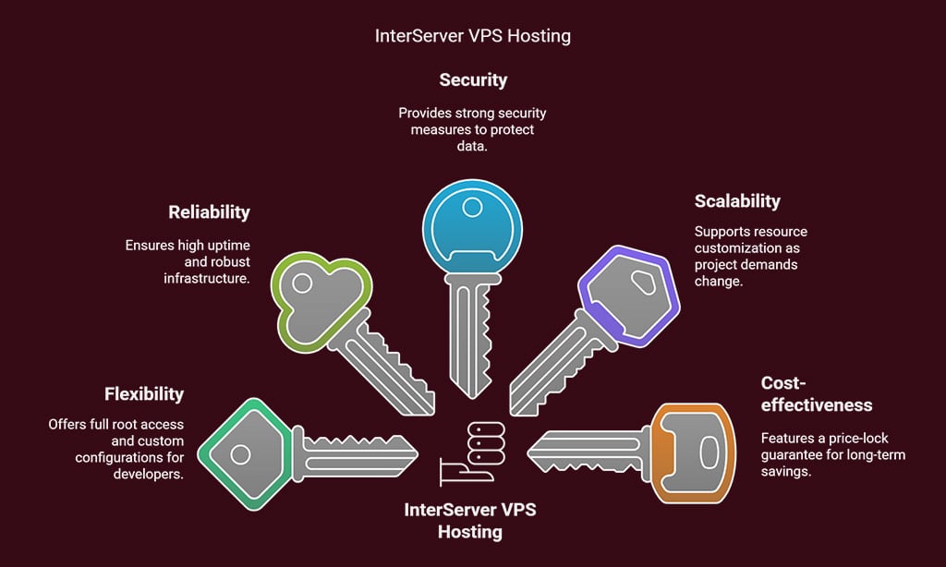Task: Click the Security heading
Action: pos(472,80)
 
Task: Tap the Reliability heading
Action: pos(209,212)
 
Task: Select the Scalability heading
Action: pos(737,201)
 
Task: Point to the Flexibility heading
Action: pos(143,394)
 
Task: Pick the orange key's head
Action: pos(693,452)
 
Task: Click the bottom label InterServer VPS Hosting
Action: pos(471,521)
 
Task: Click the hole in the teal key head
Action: pos(239,454)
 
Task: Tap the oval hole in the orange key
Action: pos(708,452)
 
